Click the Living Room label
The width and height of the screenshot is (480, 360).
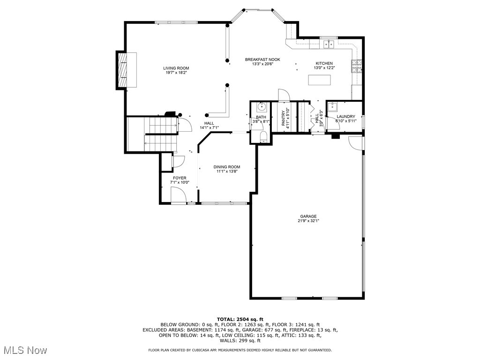pyautogui.click(x=176, y=68)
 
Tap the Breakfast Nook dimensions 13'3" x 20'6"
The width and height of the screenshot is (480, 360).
pyautogui.click(x=262, y=64)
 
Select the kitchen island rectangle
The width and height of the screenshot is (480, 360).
pyautogui.click(x=319, y=80)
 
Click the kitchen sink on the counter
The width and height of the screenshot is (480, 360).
pyautogui.click(x=328, y=44)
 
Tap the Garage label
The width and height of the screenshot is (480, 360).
pyautogui.click(x=308, y=216)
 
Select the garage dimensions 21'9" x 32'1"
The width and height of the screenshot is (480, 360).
pyautogui.click(x=308, y=221)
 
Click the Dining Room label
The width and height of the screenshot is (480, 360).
pyautogui.click(x=227, y=167)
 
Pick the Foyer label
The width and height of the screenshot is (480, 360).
pyautogui.click(x=180, y=178)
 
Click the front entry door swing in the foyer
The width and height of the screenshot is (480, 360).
pyautogui.click(x=179, y=195)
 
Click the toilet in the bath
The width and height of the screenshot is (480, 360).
pyautogui.click(x=263, y=137)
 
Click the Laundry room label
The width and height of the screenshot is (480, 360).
pyautogui.click(x=345, y=116)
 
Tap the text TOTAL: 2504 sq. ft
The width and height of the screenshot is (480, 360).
pyautogui.click(x=240, y=319)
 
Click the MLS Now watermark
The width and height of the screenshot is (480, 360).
pyautogui.click(x=25, y=350)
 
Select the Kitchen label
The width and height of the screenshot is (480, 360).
pyautogui.click(x=324, y=63)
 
